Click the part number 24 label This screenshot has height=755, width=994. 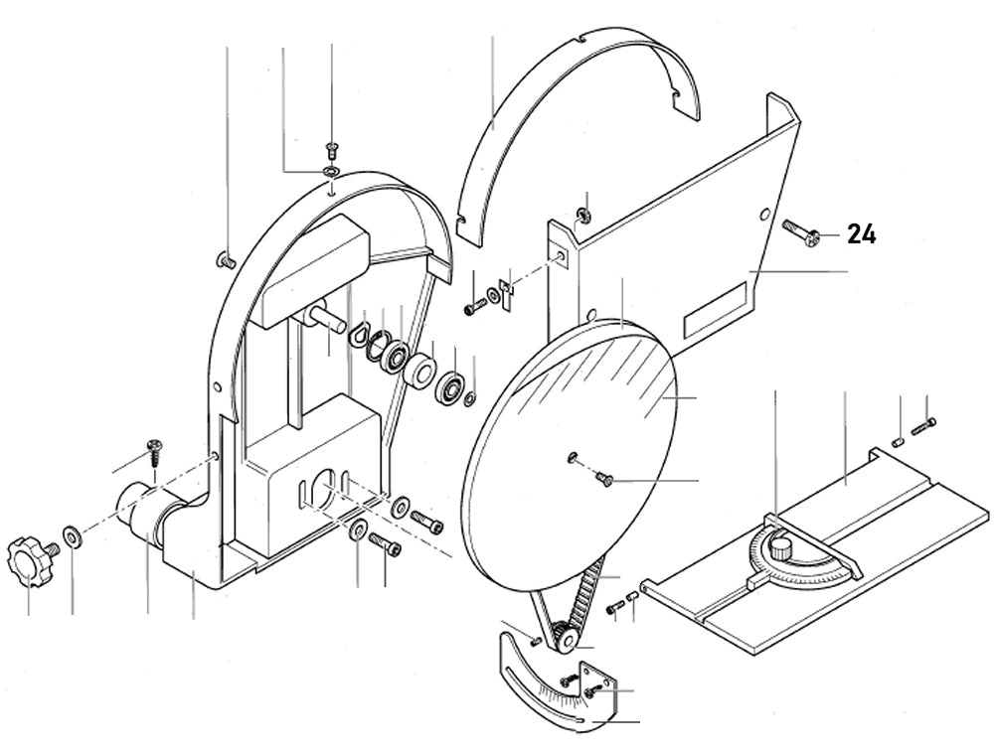click(x=861, y=235)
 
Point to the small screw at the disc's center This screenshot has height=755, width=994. click(x=602, y=481)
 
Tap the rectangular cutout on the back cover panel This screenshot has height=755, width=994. click(x=715, y=312)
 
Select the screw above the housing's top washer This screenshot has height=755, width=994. click(x=331, y=152)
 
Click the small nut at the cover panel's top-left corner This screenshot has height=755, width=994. click(x=585, y=213)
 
